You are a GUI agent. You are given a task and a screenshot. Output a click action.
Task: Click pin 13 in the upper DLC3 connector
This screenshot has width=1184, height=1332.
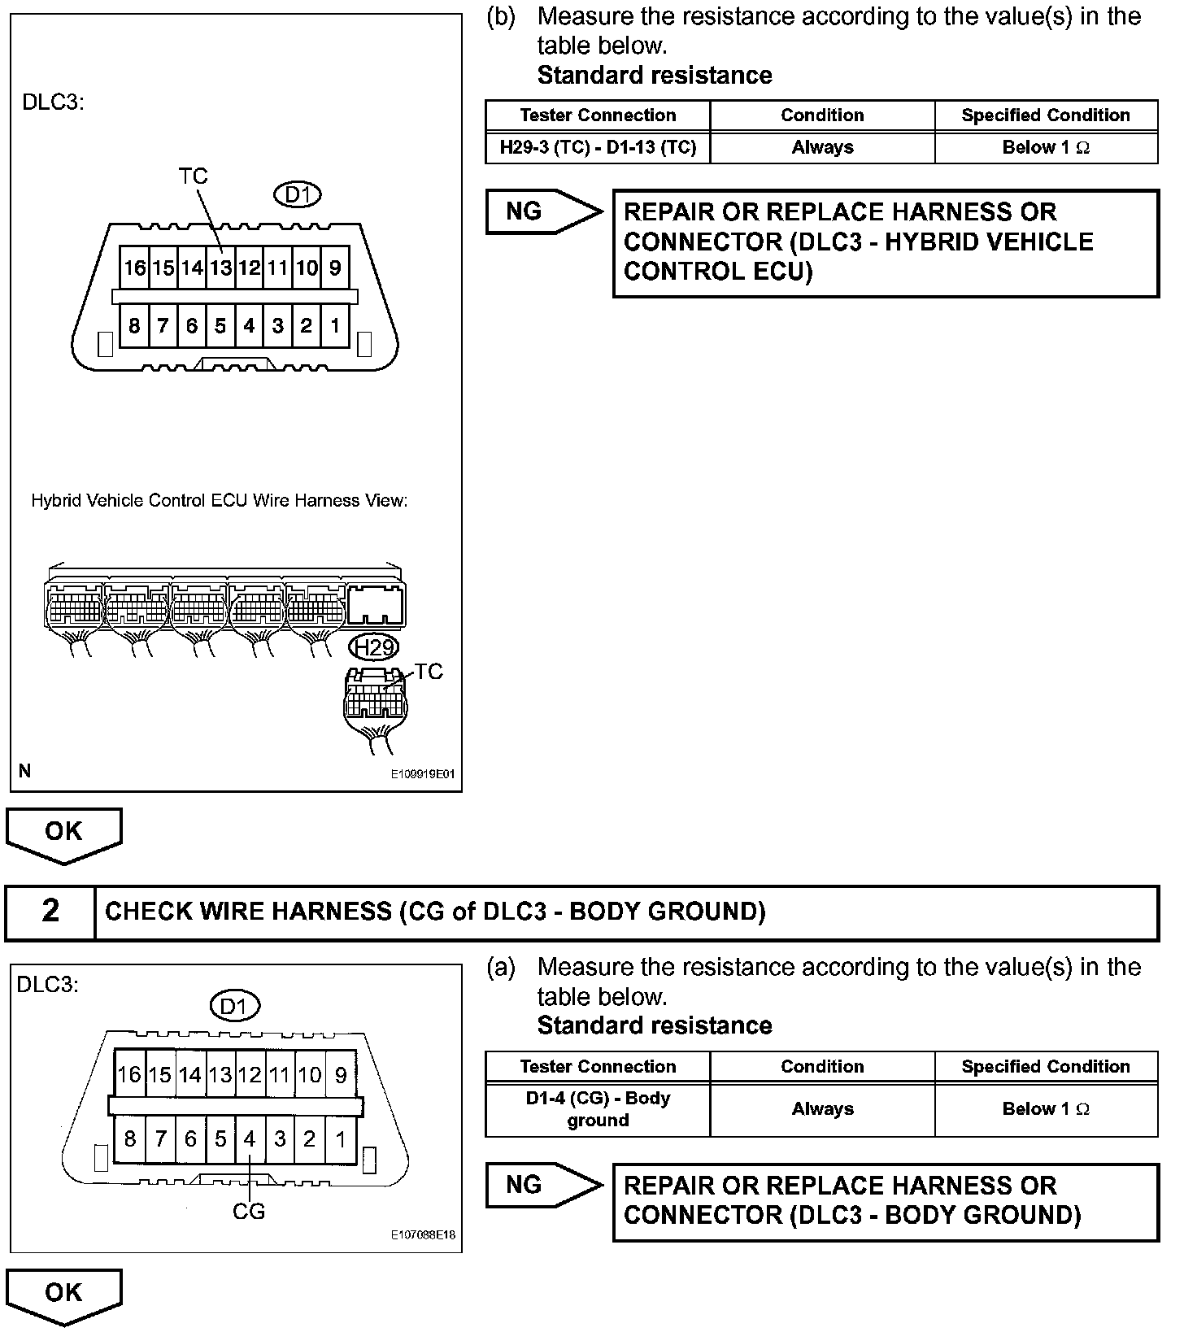220,268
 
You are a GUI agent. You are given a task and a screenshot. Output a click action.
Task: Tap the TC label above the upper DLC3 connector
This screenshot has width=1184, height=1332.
194,176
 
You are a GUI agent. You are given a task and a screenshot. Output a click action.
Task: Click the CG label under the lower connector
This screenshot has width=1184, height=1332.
249,1211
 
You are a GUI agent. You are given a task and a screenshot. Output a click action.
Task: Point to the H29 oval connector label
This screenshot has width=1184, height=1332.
374,647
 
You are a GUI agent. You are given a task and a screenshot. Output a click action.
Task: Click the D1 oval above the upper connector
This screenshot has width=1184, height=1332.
298,195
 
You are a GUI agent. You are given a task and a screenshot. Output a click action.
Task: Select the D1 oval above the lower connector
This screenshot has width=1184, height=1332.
234,1007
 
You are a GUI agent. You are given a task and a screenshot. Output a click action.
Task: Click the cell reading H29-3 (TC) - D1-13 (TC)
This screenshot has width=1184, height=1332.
598,148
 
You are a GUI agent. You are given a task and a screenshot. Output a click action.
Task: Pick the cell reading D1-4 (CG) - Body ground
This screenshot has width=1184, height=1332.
598,1109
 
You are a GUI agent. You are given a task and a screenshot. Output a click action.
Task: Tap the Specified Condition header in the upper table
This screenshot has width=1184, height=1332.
1046,115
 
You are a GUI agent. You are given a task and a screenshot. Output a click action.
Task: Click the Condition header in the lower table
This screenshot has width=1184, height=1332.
822,1066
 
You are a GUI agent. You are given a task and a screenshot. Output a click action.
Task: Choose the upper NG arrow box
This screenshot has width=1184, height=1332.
542,211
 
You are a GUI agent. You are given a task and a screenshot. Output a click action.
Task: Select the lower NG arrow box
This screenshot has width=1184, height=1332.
542,1185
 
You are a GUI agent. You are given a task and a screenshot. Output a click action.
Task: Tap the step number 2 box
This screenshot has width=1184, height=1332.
50,911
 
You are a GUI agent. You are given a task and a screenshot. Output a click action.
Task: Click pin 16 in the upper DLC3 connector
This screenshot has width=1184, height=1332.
134,268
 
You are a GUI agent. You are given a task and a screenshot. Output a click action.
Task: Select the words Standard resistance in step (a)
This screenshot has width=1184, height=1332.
655,1025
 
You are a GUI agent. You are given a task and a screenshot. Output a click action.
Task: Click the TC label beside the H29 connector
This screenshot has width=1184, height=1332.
429,672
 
